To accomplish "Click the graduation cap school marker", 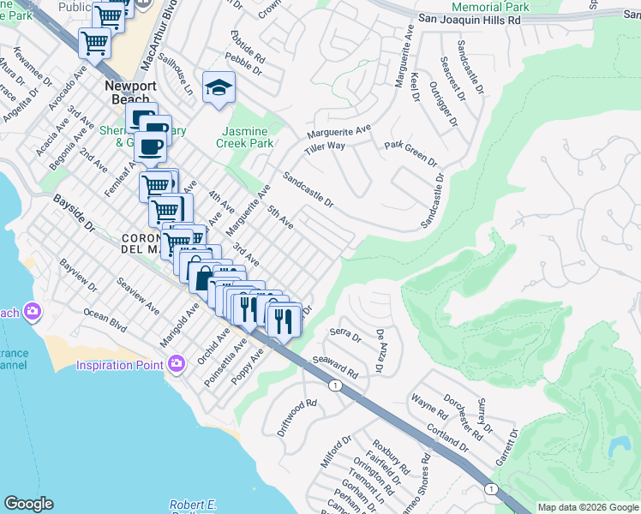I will pyautogui.click(x=219, y=87).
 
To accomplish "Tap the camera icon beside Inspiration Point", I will pyautogui.click(x=177, y=365).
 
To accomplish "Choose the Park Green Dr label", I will pyautogui.click(x=410, y=154).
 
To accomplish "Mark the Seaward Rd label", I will pyautogui.click(x=335, y=369).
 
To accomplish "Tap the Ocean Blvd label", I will pyautogui.click(x=105, y=321).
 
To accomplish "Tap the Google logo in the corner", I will pyautogui.click(x=28, y=504).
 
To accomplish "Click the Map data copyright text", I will pyautogui.click(x=587, y=507).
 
